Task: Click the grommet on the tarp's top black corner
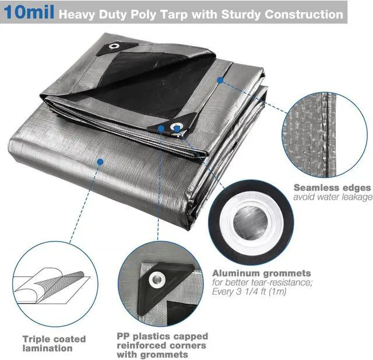tap(114, 47)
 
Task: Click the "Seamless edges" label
tap(332, 188)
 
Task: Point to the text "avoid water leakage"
tap(332, 197)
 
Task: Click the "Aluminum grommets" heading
tap(261, 273)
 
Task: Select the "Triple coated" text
tap(54, 338)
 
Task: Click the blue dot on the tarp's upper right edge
tap(220, 80)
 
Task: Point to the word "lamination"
tap(48, 348)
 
